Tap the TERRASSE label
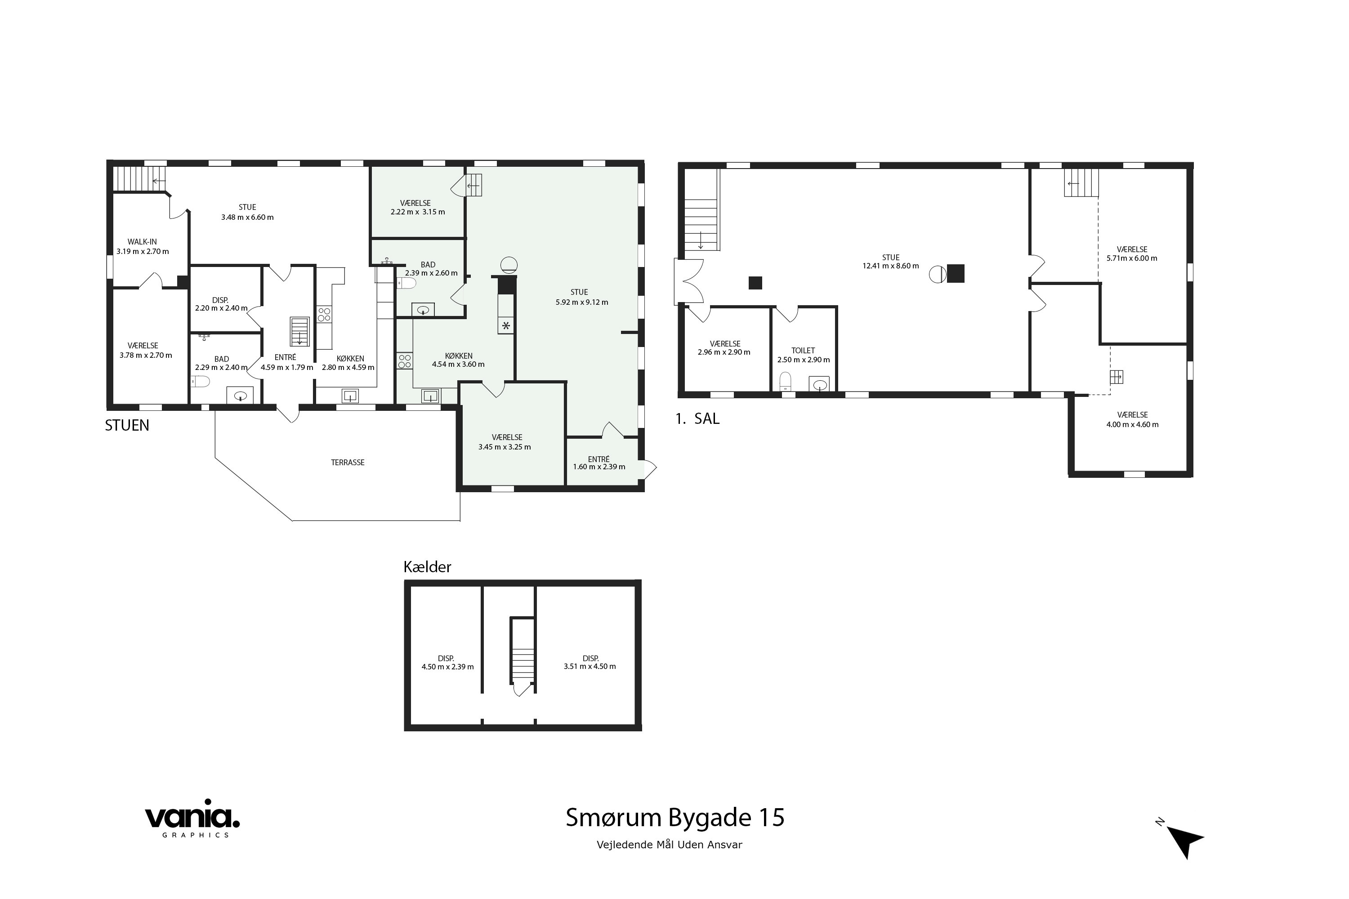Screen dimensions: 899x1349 [348, 463]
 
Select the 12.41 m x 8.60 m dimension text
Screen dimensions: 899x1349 [890, 266]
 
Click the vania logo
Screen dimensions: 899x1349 [192, 819]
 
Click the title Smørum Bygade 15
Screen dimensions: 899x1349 [674, 818]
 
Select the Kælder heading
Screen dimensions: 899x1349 [427, 567]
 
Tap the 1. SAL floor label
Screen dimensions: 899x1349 [697, 419]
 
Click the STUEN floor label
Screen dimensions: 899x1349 [127, 425]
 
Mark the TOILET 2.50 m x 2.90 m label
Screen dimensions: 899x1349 [803, 355]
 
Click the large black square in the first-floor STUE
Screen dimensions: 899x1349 [956, 273]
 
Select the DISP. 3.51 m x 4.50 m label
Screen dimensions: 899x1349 [590, 662]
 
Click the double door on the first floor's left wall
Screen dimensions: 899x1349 [689, 281]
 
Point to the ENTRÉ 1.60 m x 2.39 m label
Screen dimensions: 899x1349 [599, 463]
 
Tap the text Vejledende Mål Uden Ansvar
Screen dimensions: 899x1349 [670, 845]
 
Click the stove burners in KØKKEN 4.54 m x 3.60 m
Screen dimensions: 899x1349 [404, 361]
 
